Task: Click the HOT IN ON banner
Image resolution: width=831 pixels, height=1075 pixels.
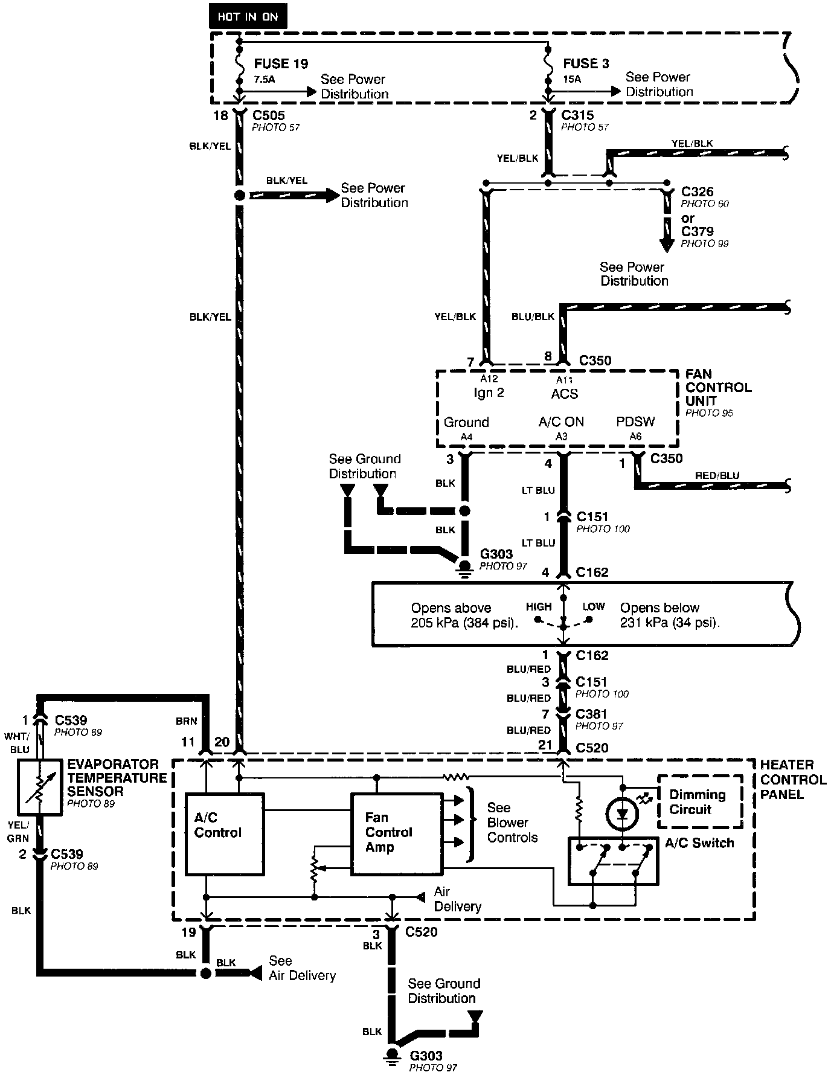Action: pyautogui.click(x=248, y=16)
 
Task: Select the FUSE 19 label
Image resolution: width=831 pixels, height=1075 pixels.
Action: pyautogui.click(x=281, y=63)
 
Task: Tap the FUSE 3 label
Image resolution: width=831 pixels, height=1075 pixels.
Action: pyautogui.click(x=586, y=63)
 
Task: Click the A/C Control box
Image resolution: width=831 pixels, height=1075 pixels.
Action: pyautogui.click(x=224, y=834)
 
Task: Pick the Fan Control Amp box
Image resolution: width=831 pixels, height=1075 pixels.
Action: pyautogui.click(x=396, y=833)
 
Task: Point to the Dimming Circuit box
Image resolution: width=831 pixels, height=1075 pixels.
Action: pyautogui.click(x=699, y=801)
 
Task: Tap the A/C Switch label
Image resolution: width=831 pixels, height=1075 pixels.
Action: pyautogui.click(x=699, y=842)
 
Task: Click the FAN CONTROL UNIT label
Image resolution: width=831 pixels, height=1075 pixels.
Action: pyautogui.click(x=718, y=387)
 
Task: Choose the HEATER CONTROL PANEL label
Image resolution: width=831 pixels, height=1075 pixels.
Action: pyautogui.click(x=793, y=779)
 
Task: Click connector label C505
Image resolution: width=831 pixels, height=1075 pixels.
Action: pyautogui.click(x=269, y=115)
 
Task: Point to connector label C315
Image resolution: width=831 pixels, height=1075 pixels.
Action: pyautogui.click(x=577, y=115)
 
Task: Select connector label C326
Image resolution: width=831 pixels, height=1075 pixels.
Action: pyautogui.click(x=697, y=192)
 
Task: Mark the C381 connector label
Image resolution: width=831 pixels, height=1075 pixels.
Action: pyautogui.click(x=592, y=714)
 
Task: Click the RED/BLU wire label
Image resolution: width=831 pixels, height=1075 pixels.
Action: pyautogui.click(x=717, y=475)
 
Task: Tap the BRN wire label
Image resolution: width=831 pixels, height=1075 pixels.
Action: pyautogui.click(x=187, y=720)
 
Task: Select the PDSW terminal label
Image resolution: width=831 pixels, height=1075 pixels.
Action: pyautogui.click(x=635, y=422)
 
